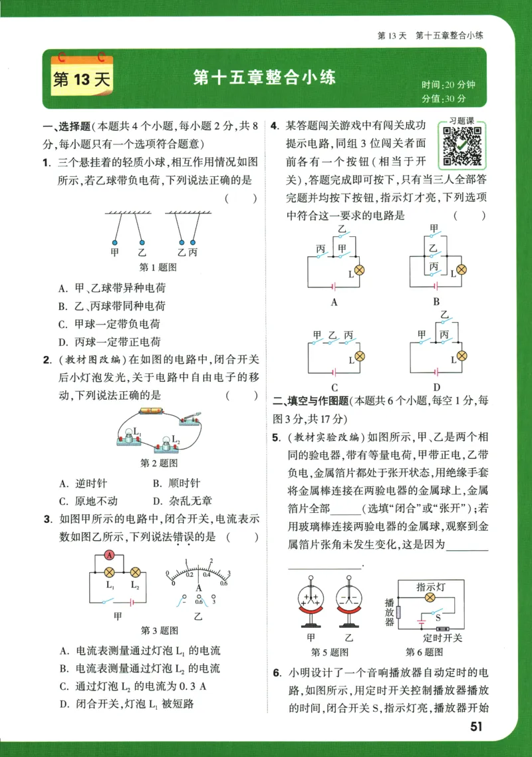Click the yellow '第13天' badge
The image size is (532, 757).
(80, 80)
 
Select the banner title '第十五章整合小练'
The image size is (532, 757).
(265, 77)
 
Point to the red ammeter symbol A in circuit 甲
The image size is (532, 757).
(110, 555)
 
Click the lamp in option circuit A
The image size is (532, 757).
(359, 270)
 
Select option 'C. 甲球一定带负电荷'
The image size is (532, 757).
(109, 324)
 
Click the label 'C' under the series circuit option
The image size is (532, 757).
(334, 388)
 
